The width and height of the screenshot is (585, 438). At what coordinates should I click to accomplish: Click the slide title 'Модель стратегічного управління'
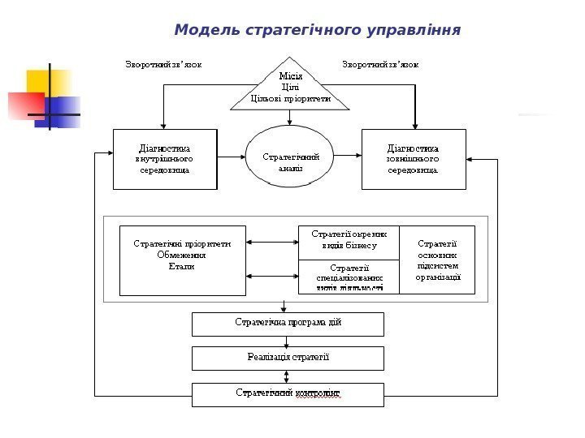[317, 31]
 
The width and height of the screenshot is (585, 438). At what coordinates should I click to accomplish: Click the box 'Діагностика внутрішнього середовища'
[165, 159]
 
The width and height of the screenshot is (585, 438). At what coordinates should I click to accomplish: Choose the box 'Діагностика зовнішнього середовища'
[414, 159]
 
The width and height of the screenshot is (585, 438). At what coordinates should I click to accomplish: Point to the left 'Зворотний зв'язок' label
[163, 62]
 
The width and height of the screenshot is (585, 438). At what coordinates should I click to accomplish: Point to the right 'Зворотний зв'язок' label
[381, 62]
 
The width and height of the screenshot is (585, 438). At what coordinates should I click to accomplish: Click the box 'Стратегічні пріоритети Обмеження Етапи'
[182, 260]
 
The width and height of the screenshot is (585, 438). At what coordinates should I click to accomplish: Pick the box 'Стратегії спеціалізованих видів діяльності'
[349, 277]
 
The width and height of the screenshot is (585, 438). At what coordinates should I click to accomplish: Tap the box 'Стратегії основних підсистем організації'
[437, 259]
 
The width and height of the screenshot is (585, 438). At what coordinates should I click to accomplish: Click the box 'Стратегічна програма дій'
[288, 324]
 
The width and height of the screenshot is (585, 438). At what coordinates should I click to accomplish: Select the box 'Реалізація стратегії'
[288, 358]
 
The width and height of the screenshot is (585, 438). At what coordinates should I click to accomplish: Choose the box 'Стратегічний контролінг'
[288, 394]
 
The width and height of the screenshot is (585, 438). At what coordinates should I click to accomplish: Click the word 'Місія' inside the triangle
[290, 76]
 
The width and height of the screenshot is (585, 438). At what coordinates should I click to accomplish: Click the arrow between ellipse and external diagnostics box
[348, 153]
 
